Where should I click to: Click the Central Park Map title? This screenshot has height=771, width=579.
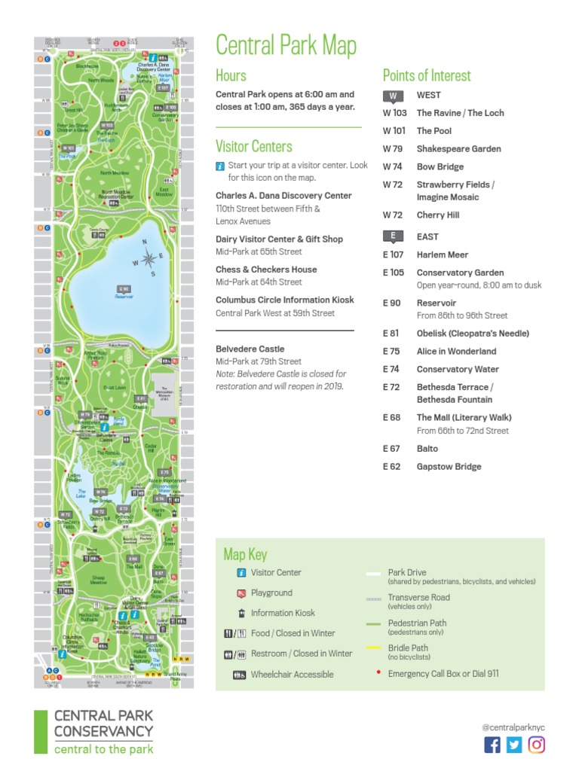point(286,45)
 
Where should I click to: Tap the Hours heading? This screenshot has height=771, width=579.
point(231,75)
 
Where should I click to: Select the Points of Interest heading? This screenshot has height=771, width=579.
point(426,75)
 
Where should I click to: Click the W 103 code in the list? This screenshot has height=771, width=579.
point(394,113)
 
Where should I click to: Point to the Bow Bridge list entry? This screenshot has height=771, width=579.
point(440,167)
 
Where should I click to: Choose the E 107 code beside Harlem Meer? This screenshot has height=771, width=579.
point(394,254)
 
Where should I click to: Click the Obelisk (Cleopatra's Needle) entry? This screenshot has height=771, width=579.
point(473,334)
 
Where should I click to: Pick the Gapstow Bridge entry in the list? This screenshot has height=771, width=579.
point(449,467)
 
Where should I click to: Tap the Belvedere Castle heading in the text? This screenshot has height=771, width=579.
point(250,349)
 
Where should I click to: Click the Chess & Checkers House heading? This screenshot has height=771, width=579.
point(266,270)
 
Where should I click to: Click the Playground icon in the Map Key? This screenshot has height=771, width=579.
point(240,593)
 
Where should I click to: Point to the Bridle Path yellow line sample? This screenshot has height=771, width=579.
point(374,648)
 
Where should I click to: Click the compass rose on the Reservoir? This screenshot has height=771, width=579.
point(149,259)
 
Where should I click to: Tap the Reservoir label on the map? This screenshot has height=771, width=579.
point(124,297)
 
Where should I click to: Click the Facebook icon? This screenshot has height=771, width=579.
point(492,745)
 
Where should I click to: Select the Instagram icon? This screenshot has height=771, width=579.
point(536,745)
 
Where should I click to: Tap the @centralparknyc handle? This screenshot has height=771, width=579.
point(513,727)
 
